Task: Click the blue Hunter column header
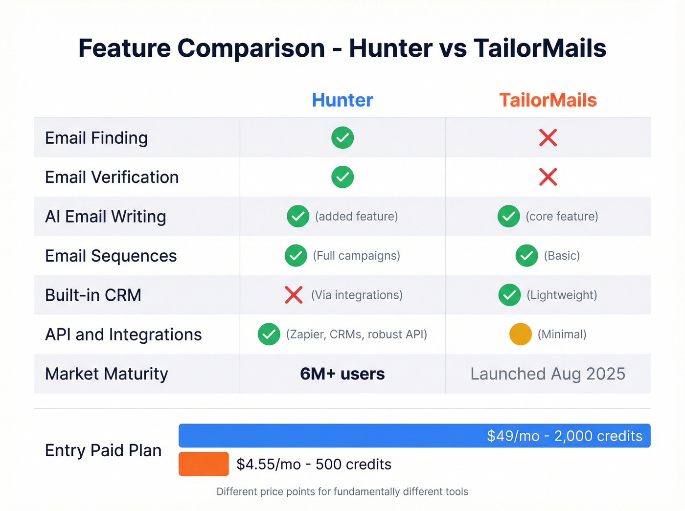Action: click(342, 100)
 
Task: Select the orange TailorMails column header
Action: click(548, 100)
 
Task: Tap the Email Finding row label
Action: click(96, 138)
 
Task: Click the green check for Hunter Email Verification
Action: click(342, 177)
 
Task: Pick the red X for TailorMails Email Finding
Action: click(548, 138)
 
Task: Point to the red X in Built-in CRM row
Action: click(294, 295)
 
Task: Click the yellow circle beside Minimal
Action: click(520, 334)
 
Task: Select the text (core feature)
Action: click(562, 217)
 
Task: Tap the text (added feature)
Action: click(356, 217)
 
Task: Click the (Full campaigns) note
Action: click(356, 256)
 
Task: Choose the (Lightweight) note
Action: click(562, 295)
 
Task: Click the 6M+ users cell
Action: click(342, 374)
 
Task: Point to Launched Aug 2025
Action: click(548, 374)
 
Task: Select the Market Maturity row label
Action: click(107, 374)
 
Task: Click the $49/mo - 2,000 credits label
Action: click(564, 436)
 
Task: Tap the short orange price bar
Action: click(204, 464)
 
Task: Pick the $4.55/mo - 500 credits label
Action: click(314, 464)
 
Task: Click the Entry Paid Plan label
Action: click(103, 450)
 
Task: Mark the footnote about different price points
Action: click(342, 491)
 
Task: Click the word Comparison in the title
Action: click(251, 48)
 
